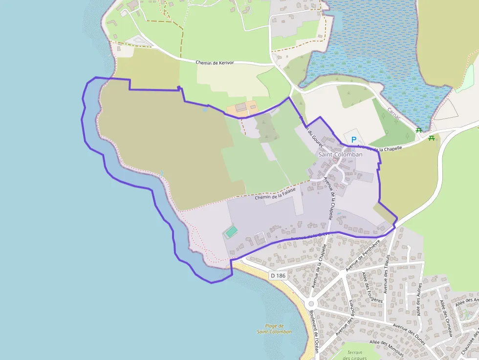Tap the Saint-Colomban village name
(x=341, y=154)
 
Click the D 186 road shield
(x=277, y=276)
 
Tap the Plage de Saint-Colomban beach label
(x=274, y=329)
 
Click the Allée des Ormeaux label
(x=448, y=318)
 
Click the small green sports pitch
(x=231, y=232)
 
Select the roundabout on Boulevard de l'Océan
(x=310, y=303)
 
